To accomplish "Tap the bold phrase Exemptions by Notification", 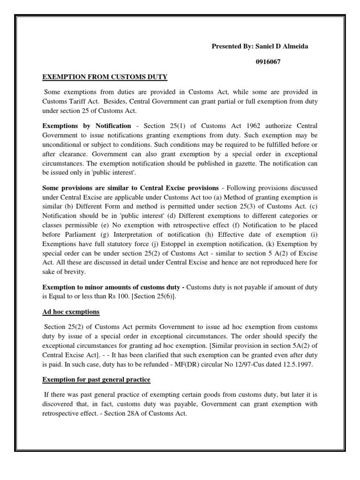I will [x=87, y=126].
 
